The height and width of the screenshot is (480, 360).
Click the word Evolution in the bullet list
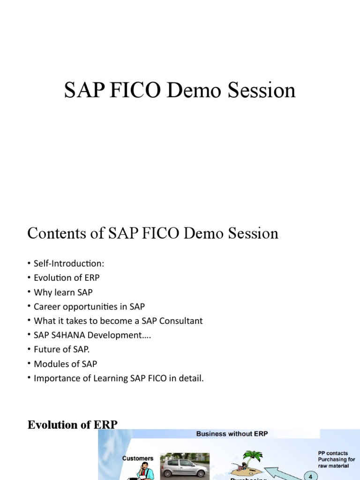pyautogui.click(x=52, y=277)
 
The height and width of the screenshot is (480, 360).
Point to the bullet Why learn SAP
pyautogui.click(x=63, y=292)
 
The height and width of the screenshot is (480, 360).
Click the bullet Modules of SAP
pyautogui.click(x=66, y=364)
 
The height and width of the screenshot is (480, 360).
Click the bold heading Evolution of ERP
pyautogui.click(x=73, y=425)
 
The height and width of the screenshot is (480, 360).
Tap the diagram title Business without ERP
pyautogui.click(x=232, y=434)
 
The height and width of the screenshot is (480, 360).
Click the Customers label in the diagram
pyautogui.click(x=138, y=458)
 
